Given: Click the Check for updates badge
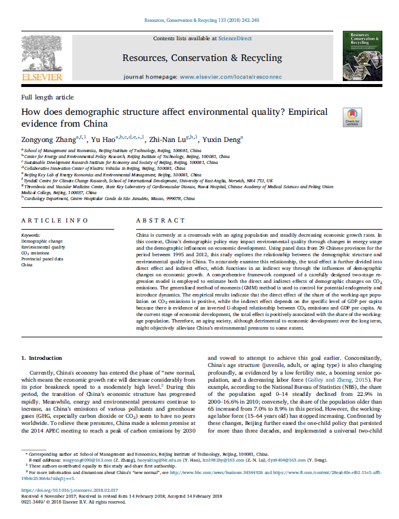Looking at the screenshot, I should [336, 117].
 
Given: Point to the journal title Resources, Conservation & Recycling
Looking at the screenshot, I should [202, 58].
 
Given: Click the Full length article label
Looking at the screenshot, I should [48, 97].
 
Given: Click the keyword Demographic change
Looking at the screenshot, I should [41, 241].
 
